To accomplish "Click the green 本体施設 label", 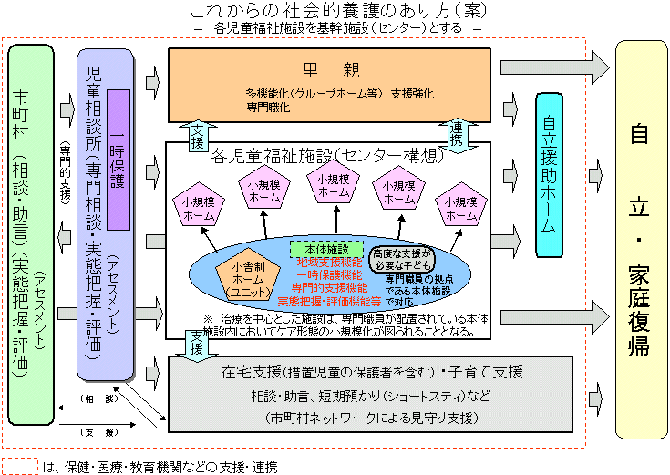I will pos(326,249).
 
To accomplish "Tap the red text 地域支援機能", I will pos(327,262).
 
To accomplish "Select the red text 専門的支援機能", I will pos(327,286).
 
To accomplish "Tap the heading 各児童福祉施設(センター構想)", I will pos(325,156).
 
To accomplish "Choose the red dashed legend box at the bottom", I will pos(19,466).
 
